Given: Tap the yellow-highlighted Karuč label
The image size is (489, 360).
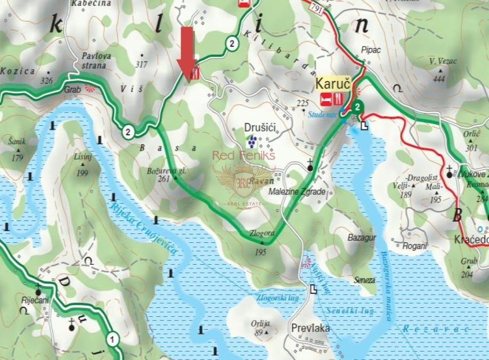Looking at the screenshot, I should click(x=333, y=84).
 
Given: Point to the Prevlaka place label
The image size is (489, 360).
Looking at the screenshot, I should click(x=311, y=328).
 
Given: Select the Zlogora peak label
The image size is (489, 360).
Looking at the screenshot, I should click(x=262, y=233).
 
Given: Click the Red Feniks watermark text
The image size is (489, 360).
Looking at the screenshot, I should click(x=244, y=156).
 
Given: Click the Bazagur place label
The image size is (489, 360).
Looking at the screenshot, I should click(x=362, y=236).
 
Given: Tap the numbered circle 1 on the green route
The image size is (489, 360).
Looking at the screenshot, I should click(x=112, y=338).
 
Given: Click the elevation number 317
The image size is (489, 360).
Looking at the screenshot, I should click(x=141, y=65).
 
